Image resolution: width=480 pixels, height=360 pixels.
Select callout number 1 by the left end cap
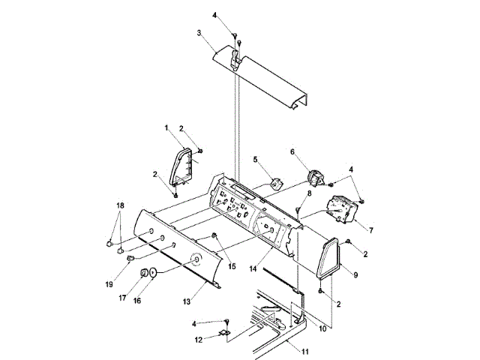[166, 128]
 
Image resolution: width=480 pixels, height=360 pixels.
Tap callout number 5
[255, 160]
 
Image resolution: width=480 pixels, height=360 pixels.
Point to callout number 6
[293, 151]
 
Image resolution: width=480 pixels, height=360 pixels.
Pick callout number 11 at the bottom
[306, 351]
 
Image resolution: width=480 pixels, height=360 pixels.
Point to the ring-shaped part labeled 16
[153, 274]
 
